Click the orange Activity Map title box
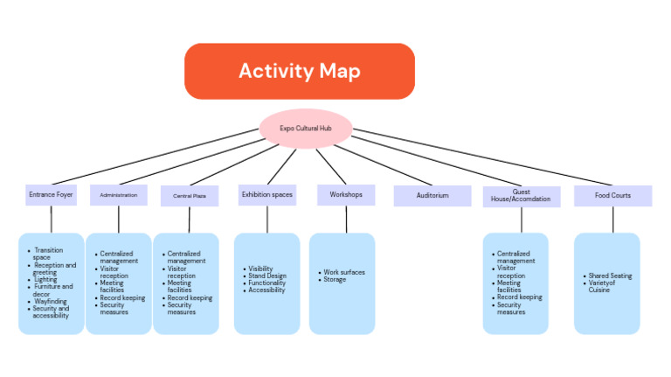click(x=299, y=71)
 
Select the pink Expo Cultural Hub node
click(x=305, y=128)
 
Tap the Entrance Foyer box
click(x=51, y=194)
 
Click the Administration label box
click(x=118, y=195)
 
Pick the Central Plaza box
click(x=189, y=196)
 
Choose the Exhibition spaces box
click(x=266, y=194)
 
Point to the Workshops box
click(x=345, y=194)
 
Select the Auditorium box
click(x=432, y=195)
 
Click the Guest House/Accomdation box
click(x=521, y=195)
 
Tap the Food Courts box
click(x=612, y=195)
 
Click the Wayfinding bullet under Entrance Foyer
click(x=52, y=301)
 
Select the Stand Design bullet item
click(x=266, y=276)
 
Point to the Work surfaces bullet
click(x=344, y=272)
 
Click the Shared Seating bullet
click(x=609, y=276)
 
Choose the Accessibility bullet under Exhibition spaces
click(x=266, y=290)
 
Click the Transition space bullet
click(x=48, y=254)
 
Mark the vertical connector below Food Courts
click(x=612, y=220)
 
